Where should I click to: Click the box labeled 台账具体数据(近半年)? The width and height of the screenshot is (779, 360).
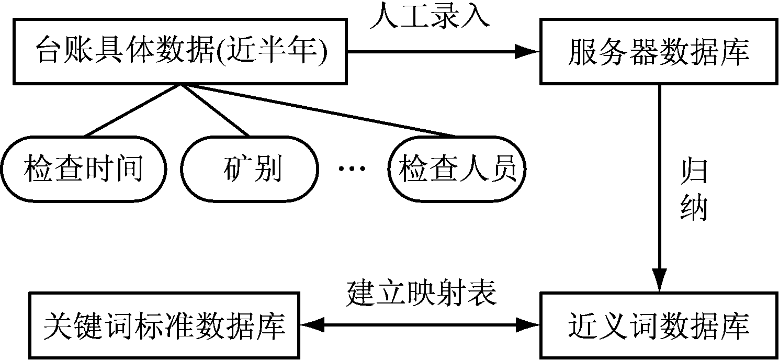(x=179, y=51)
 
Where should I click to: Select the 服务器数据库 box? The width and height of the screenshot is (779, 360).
(x=659, y=51)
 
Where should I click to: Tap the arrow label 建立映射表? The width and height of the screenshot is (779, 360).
(x=421, y=294)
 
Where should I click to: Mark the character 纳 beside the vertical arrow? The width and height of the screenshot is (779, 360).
(x=693, y=208)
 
